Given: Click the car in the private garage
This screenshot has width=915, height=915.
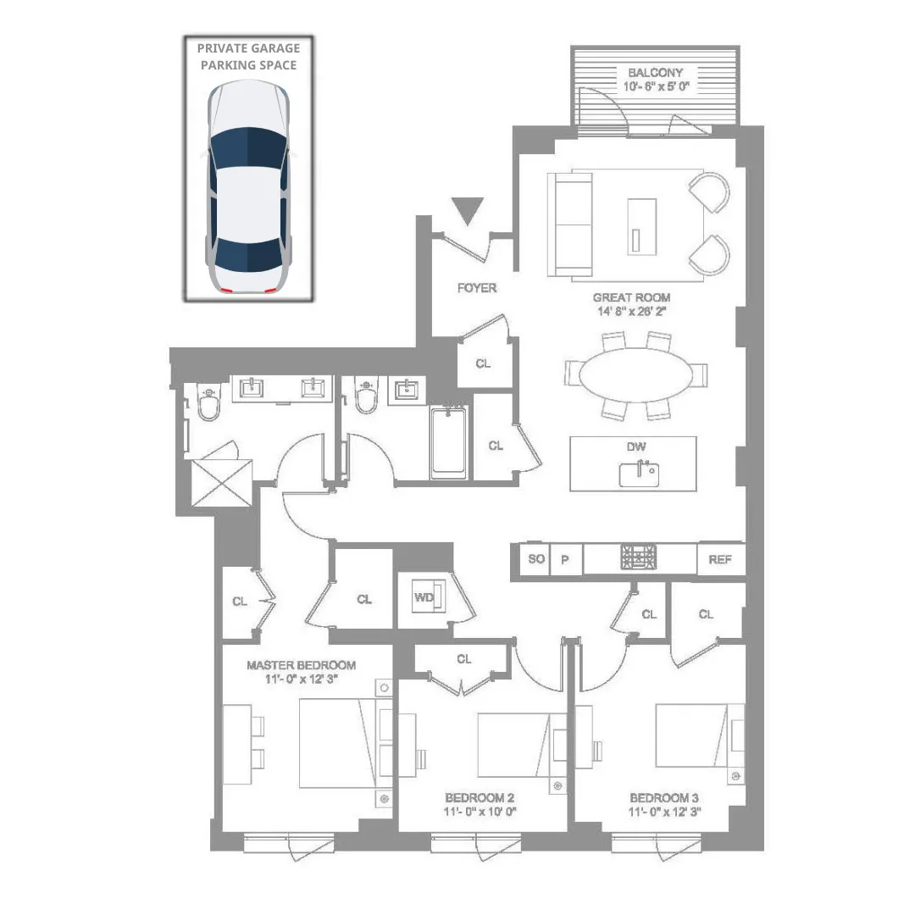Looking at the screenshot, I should (248, 188).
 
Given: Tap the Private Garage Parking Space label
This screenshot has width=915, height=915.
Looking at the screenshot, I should (248, 57).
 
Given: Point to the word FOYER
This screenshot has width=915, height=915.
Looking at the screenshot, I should (477, 288).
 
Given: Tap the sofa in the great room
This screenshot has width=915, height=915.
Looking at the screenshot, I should (569, 225).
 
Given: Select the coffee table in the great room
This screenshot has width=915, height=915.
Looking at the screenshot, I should (641, 225).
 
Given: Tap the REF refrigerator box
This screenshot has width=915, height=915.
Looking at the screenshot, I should (720, 560).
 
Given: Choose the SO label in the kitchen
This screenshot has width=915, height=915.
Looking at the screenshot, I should (535, 560).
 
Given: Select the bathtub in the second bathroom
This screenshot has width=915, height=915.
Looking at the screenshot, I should (448, 442).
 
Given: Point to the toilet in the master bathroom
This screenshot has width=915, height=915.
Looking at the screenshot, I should (208, 405).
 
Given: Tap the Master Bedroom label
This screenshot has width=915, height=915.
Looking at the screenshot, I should (301, 665).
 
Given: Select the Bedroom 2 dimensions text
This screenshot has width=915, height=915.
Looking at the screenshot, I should (480, 812).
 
